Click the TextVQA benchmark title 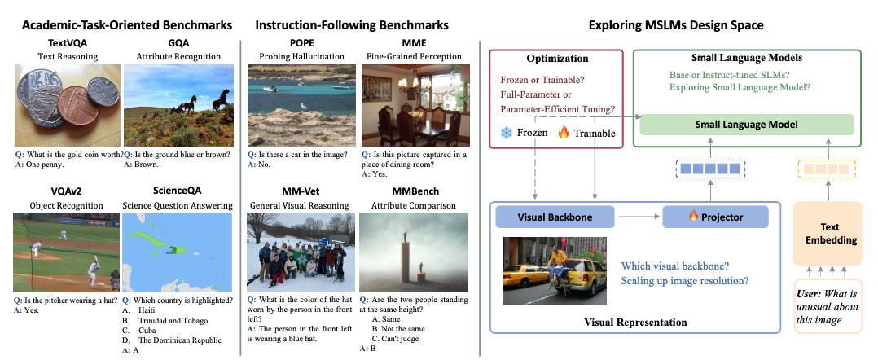coord(68,44)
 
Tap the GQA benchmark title coord(178,44)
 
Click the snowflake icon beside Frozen coord(507,134)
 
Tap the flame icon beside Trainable coord(564,133)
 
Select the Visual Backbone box coord(555,217)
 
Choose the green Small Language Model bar coord(746,125)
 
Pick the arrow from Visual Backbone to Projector coord(639,217)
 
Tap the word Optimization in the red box coord(557,58)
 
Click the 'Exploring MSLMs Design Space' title coord(676,24)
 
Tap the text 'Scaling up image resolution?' coord(686,281)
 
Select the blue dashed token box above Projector coord(710,168)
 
